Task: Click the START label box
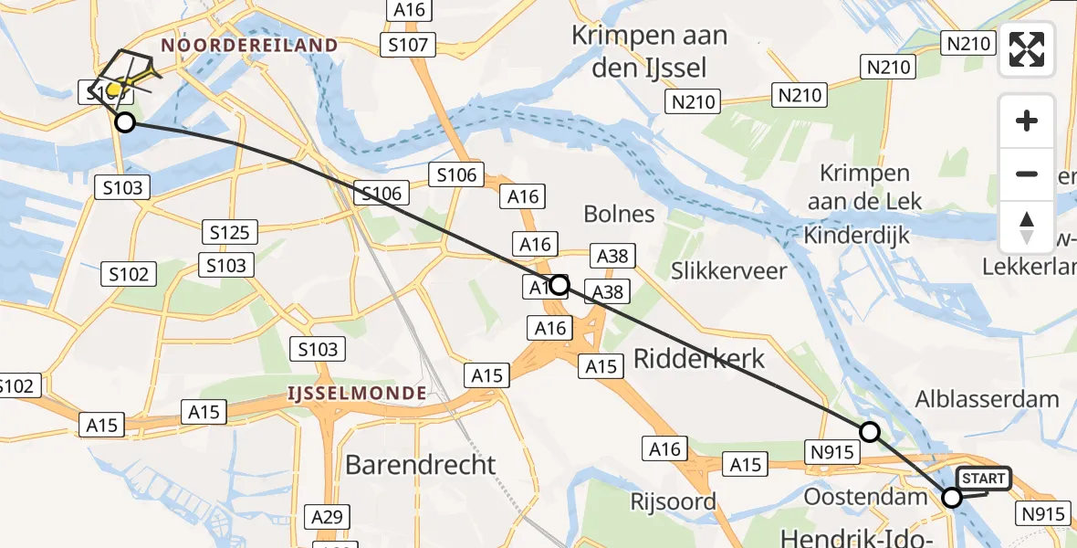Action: click(x=983, y=479)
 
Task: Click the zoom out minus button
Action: click(x=1027, y=174)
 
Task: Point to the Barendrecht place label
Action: click(x=422, y=464)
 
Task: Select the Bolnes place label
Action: click(x=620, y=214)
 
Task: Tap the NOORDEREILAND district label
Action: click(x=249, y=45)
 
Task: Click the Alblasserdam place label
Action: click(x=988, y=398)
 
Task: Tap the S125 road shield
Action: click(x=229, y=232)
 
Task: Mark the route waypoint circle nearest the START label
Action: click(x=952, y=498)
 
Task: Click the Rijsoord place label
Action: click(x=673, y=501)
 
